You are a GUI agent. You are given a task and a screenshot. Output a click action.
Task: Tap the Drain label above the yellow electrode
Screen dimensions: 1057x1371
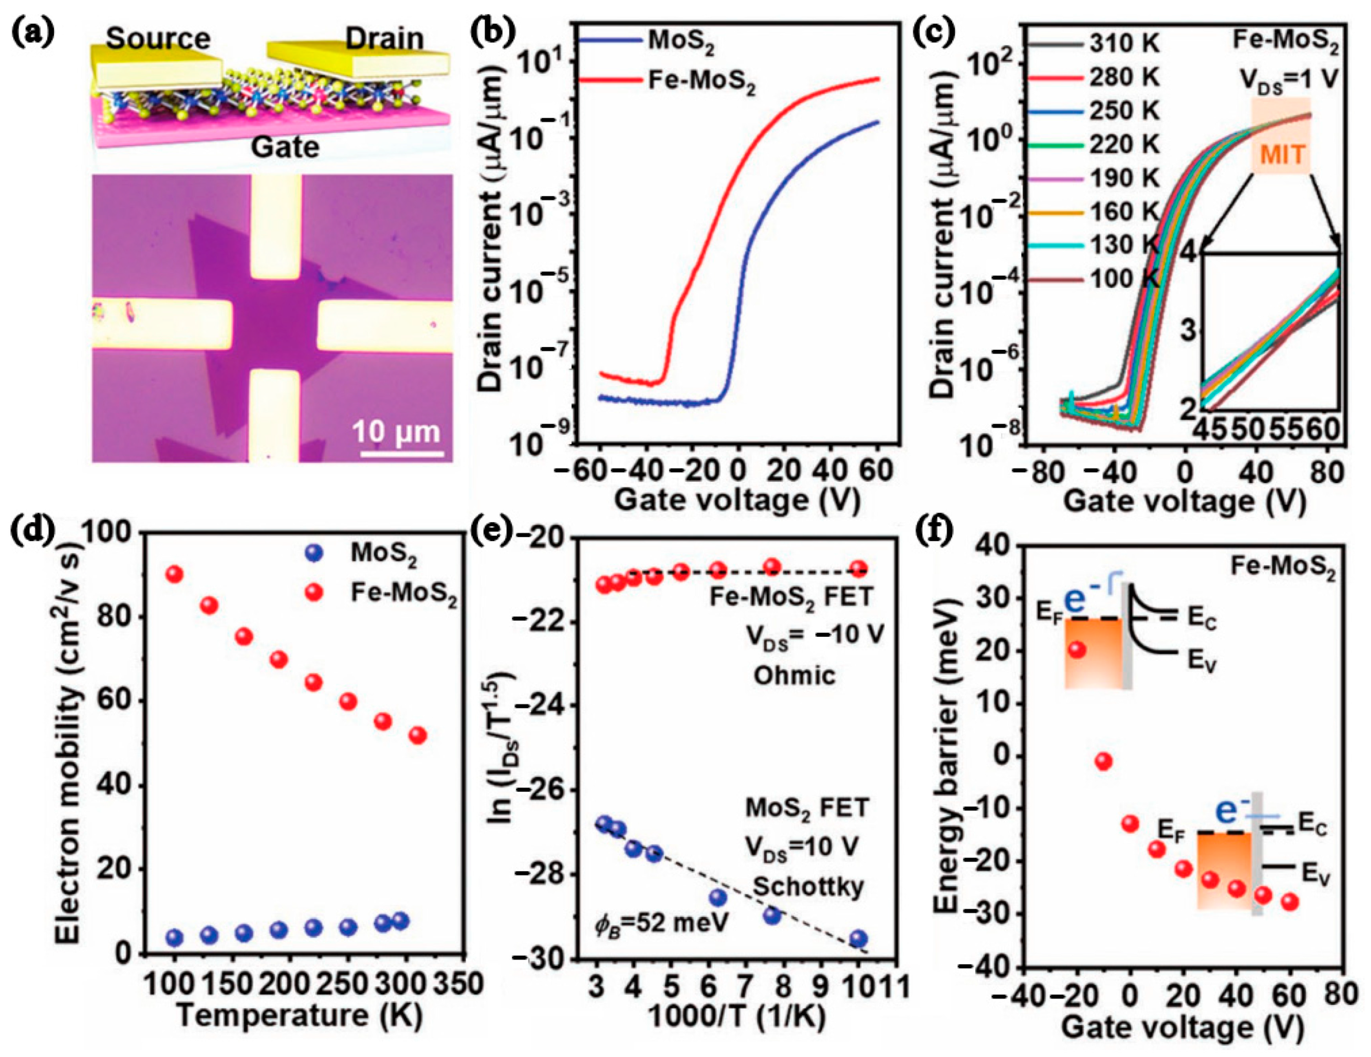(x=385, y=39)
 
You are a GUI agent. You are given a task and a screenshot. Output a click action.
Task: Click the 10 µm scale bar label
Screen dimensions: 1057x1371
(x=396, y=433)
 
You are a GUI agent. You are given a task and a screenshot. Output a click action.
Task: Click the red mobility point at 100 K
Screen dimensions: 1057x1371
(x=174, y=574)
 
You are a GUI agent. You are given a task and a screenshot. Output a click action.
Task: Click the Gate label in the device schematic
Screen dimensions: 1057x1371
(x=285, y=148)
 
